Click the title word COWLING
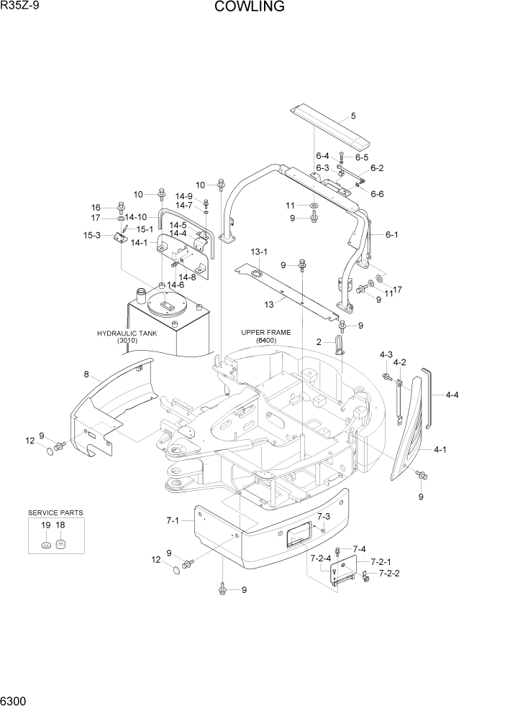249,7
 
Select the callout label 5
353,116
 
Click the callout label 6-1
393,234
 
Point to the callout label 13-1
259,252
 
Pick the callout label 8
86,374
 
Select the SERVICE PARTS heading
55,512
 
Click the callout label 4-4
453,394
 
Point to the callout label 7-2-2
389,573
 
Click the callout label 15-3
91,235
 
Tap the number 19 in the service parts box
45,526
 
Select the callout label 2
318,342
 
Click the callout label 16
95,207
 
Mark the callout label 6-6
377,193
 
